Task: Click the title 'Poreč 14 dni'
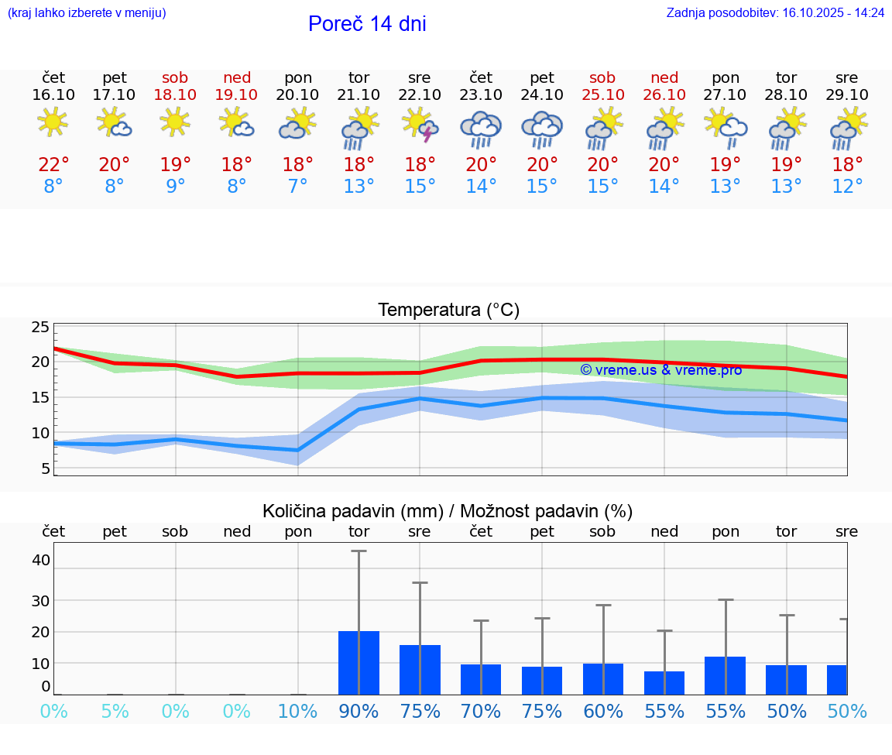[x=367, y=24]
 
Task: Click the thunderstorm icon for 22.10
[x=420, y=125]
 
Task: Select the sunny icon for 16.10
[x=53, y=122]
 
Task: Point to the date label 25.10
[x=602, y=95]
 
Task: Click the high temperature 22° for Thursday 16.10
[x=53, y=165]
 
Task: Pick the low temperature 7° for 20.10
[x=298, y=187]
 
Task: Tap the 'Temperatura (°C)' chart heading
[x=448, y=311]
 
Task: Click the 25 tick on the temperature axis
[x=40, y=328]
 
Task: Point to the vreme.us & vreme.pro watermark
[x=660, y=370]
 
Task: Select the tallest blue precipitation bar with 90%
[x=359, y=663]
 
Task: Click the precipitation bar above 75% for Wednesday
[x=420, y=670]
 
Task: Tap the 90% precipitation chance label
[x=359, y=712]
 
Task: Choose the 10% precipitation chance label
[x=298, y=712]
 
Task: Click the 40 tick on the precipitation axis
[x=40, y=560]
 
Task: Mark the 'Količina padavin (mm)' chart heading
[x=448, y=511]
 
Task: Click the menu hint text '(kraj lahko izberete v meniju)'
[x=87, y=13]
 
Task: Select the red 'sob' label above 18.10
[x=175, y=77]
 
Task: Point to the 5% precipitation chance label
[x=115, y=712]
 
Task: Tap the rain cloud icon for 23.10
[x=481, y=129]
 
